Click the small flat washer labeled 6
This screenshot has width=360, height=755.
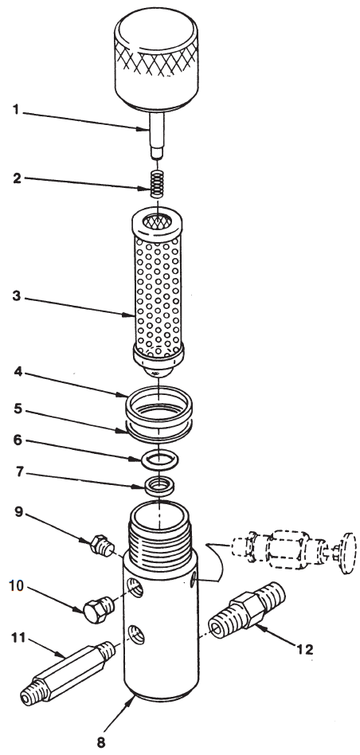click(x=158, y=460)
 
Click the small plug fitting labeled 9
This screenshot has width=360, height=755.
click(x=99, y=546)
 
